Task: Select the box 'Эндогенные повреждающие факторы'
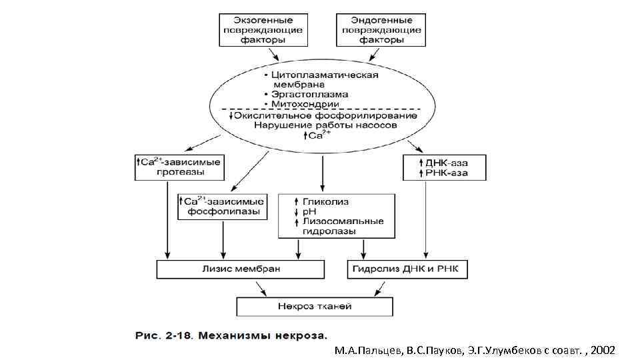pyautogui.click(x=381, y=30)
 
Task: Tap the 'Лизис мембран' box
pyautogui.click(x=241, y=269)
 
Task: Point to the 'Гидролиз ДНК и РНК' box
pyautogui.click(x=408, y=269)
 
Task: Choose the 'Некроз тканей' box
pyautogui.click(x=315, y=306)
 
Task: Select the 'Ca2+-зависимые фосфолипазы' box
pyautogui.click(x=223, y=208)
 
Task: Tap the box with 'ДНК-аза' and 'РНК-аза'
pyautogui.click(x=444, y=167)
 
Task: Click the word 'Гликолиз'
pyautogui.click(x=326, y=201)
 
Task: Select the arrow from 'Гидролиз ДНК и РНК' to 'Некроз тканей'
pyautogui.click(x=379, y=288)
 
